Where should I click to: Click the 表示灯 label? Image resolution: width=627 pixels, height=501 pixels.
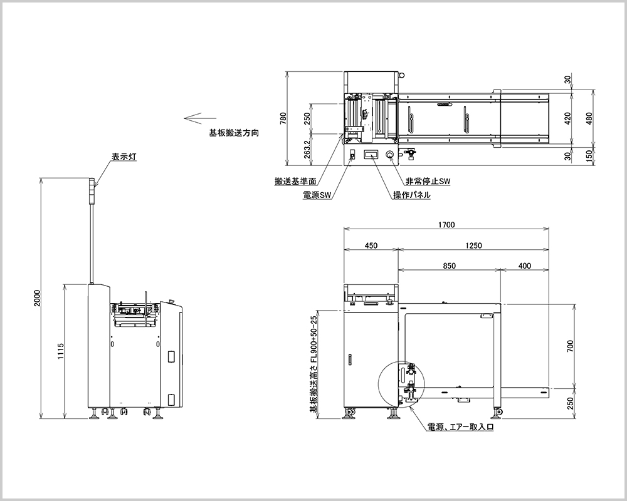click(x=124, y=157)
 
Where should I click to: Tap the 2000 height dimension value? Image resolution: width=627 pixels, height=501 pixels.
click(x=37, y=297)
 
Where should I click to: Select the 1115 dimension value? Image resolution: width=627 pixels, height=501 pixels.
click(x=61, y=351)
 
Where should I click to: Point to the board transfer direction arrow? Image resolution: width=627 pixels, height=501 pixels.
click(x=200, y=118)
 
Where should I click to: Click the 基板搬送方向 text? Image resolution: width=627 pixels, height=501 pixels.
click(x=234, y=133)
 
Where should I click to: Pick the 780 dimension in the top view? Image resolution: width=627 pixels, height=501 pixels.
click(x=283, y=118)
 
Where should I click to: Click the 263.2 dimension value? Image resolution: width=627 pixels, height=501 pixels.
click(x=307, y=150)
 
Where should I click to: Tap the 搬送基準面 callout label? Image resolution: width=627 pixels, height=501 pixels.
click(x=295, y=182)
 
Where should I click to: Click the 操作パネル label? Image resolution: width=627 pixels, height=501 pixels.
click(x=412, y=195)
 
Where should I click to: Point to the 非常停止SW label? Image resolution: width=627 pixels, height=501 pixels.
click(x=428, y=181)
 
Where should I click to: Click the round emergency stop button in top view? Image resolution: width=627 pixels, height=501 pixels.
click(x=390, y=155)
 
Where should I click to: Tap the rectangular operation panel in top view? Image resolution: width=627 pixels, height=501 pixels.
click(x=371, y=155)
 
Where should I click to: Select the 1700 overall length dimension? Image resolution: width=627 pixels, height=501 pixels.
click(x=446, y=225)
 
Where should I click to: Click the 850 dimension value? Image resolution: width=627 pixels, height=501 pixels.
click(x=450, y=266)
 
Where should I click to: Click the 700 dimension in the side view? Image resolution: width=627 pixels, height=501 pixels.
click(x=571, y=346)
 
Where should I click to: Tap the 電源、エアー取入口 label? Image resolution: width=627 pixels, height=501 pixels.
click(x=461, y=427)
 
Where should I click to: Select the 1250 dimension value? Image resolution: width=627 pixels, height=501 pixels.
click(x=474, y=245)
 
